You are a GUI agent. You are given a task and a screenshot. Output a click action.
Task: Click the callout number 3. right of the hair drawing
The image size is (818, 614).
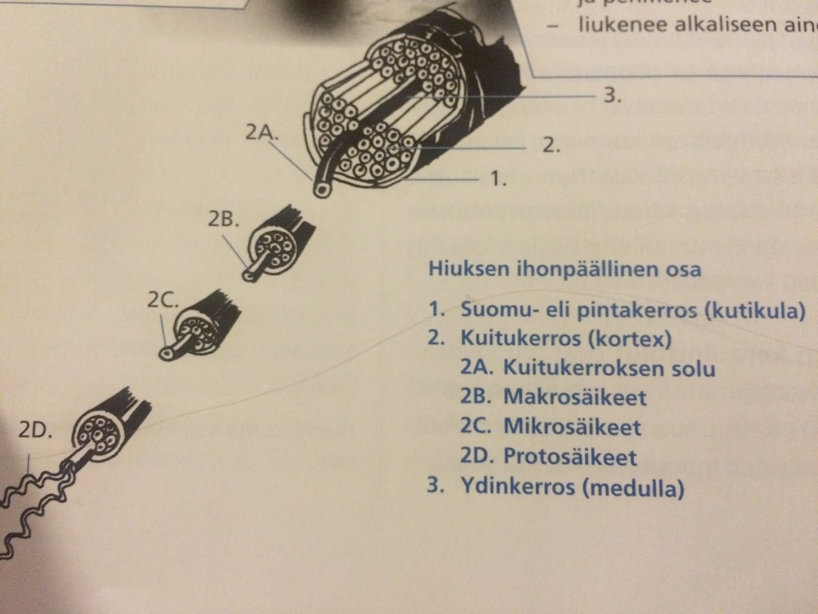pyautogui.click(x=612, y=96)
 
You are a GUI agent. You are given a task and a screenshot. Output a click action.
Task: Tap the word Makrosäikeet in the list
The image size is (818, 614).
pyautogui.click(x=575, y=398)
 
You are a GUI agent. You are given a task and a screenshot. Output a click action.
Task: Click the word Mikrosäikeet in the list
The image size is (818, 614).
pyautogui.click(x=572, y=427)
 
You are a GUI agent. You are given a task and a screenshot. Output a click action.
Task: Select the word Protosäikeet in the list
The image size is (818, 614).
pyautogui.click(x=570, y=457)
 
